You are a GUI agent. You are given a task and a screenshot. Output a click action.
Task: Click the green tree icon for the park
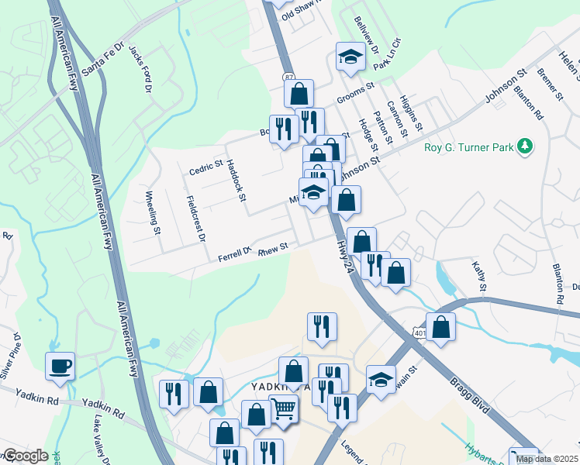click(x=526, y=146)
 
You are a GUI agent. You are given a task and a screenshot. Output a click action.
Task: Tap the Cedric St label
click(x=207, y=167)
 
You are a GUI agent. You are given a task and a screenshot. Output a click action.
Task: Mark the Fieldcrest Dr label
click(x=196, y=218)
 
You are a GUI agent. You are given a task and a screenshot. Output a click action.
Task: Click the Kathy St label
click(x=479, y=276)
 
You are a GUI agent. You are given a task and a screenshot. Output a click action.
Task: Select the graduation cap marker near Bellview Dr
click(x=350, y=57)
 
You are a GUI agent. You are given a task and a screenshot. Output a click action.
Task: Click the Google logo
click(x=26, y=456)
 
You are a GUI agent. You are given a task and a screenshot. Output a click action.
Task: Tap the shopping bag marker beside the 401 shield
click(x=440, y=327)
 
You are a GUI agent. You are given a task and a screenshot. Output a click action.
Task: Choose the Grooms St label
click(x=356, y=98)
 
